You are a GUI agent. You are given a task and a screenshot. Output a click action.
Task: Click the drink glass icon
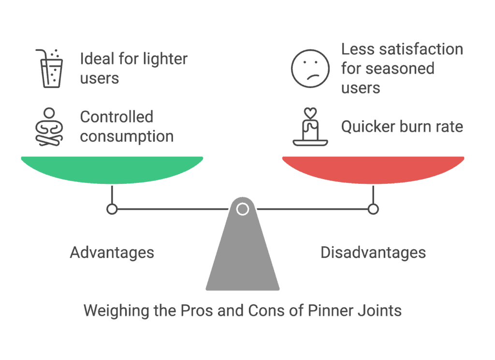pos(50,69)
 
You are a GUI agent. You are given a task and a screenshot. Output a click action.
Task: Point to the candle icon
pos(310,128)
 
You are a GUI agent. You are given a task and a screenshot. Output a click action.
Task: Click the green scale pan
pos(112,169)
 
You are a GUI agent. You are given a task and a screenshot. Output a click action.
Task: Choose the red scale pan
pos(373,169)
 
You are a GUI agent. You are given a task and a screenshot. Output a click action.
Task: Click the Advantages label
pos(112,253)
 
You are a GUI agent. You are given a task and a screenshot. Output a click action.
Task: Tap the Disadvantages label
pos(373,253)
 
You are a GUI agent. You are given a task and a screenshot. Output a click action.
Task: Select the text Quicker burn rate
pos(402,127)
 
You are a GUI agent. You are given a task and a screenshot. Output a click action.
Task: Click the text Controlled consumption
pos(127,127)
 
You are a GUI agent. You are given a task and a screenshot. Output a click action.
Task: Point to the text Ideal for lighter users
pos(133,68)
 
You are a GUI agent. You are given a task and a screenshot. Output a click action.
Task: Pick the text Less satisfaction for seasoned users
pos(402,68)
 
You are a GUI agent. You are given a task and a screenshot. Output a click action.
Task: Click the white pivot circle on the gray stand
pos(243,209)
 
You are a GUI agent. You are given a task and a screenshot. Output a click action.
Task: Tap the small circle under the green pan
pos(112,209)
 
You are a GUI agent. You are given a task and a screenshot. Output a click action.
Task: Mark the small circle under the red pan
pos(373,209)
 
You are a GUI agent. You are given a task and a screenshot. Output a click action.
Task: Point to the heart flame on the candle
pos(310,113)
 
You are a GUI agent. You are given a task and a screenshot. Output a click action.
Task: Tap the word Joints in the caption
pos(379,310)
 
